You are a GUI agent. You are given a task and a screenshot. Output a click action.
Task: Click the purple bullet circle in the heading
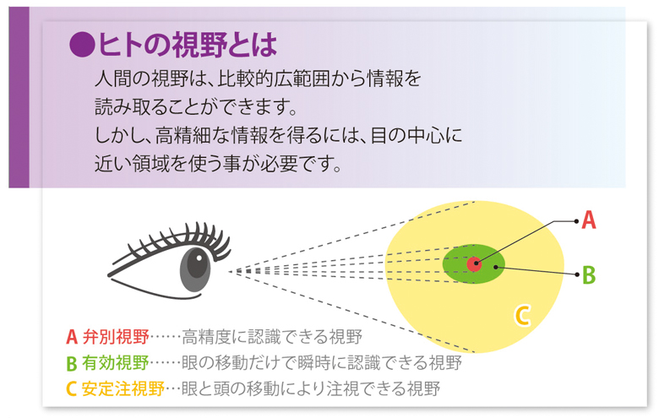(82, 44)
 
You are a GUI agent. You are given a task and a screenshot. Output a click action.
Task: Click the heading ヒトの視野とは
(188, 44)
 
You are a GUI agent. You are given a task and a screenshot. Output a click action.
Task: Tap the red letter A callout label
(588, 220)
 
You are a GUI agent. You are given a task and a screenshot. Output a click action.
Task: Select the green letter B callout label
(589, 275)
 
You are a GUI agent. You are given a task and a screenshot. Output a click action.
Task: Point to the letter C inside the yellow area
(522, 316)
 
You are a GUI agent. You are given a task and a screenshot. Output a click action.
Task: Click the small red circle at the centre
(475, 263)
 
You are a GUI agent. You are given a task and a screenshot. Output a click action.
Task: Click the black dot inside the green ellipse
(496, 267)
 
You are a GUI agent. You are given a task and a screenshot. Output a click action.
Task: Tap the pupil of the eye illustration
(197, 263)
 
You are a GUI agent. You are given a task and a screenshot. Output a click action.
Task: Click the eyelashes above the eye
(177, 242)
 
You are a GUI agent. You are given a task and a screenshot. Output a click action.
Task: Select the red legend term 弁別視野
(116, 336)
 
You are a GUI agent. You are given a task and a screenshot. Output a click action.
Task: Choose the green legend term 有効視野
(116, 362)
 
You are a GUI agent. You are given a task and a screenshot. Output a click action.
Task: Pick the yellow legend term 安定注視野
(123, 388)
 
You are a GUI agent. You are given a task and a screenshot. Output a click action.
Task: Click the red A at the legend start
(72, 337)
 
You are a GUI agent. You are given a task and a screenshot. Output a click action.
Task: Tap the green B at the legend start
(72, 363)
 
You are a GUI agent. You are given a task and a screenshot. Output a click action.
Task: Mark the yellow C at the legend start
(71, 389)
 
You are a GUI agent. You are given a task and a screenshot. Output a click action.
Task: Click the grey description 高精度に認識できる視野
(272, 336)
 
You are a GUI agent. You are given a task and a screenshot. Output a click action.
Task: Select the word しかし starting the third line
(120, 135)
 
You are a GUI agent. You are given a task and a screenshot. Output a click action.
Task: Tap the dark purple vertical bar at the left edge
(19, 97)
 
